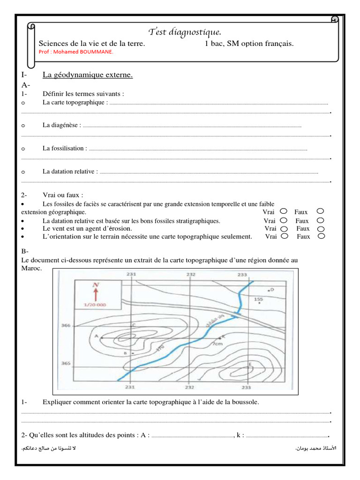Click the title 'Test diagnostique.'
(184, 31)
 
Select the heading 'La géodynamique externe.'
(88, 75)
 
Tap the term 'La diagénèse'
(61, 125)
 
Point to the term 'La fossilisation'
(64, 148)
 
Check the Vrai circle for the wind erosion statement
(285, 229)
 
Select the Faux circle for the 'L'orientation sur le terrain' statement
(321, 236)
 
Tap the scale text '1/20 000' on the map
(95, 305)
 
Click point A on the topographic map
(96, 337)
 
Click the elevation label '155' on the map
(258, 299)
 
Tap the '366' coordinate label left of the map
(66, 324)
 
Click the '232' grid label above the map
(190, 274)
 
